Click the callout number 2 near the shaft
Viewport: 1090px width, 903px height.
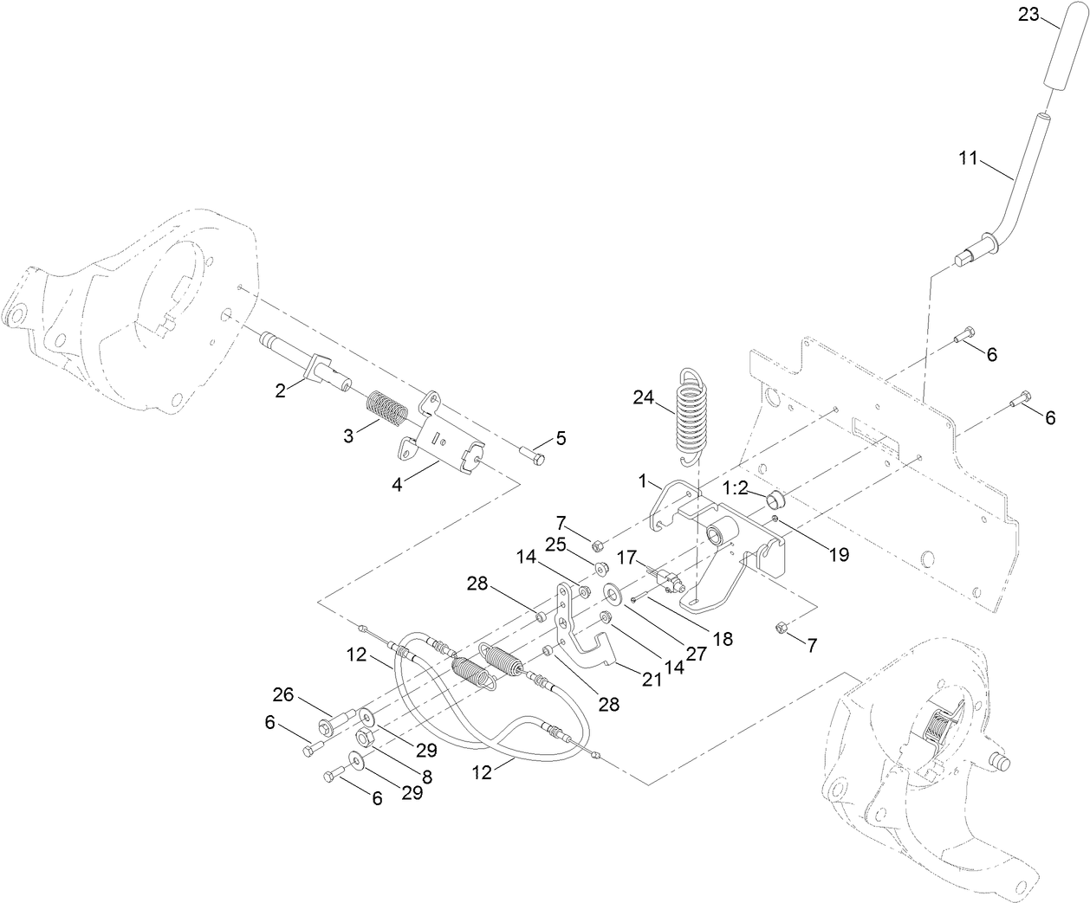point(281,391)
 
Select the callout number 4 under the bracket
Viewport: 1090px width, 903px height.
point(397,485)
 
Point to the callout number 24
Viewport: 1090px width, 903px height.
point(644,399)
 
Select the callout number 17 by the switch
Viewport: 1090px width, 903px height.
point(627,558)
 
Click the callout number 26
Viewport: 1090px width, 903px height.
point(282,694)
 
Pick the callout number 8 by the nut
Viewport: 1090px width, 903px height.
point(425,777)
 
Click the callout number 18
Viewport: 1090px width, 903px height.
point(722,639)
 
